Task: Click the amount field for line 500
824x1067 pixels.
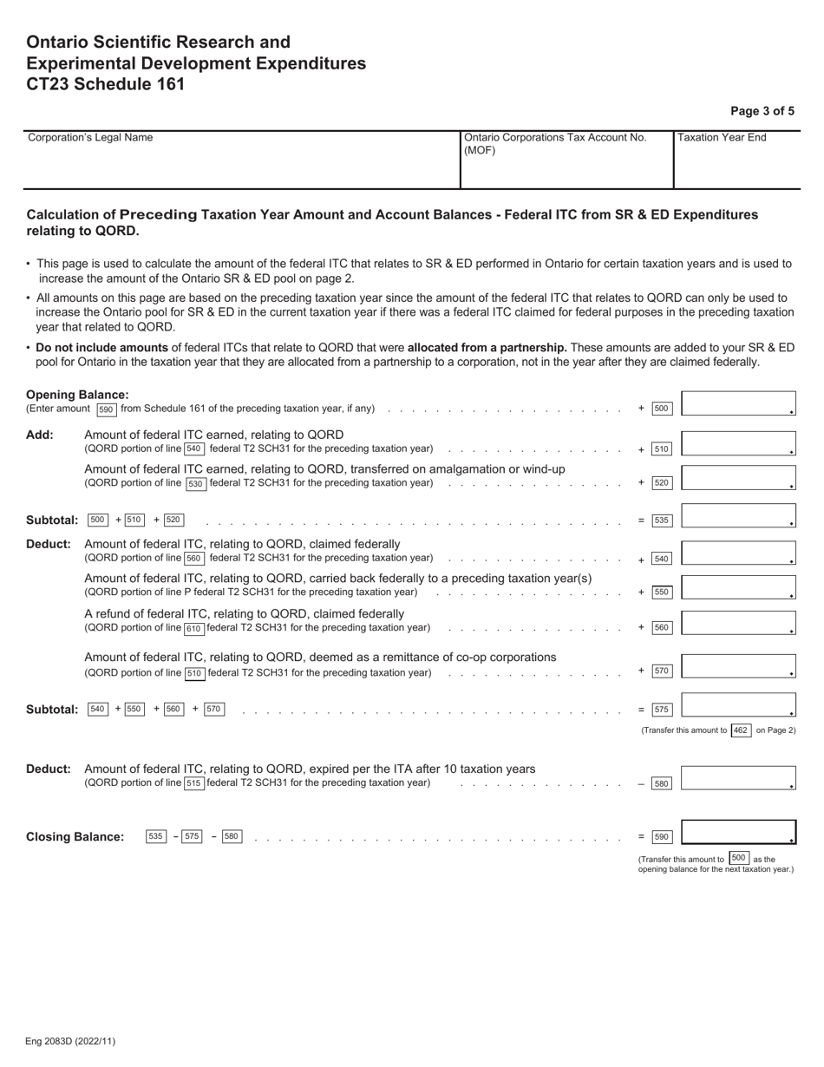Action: pos(738,404)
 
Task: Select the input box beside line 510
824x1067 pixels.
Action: pos(738,444)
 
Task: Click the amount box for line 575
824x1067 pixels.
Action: pos(738,705)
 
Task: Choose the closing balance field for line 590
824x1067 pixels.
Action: pos(738,832)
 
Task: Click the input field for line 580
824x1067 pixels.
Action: pos(738,778)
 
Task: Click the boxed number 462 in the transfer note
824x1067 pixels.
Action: pos(740,730)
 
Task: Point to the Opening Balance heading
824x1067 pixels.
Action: pos(77,395)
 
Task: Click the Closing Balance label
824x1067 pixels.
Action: pos(75,837)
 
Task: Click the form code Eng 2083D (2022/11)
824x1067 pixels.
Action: pos(70,1041)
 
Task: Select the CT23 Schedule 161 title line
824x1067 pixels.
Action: pos(105,84)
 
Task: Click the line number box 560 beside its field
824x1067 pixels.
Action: pos(662,627)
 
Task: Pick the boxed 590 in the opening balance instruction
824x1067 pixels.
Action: pos(106,409)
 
